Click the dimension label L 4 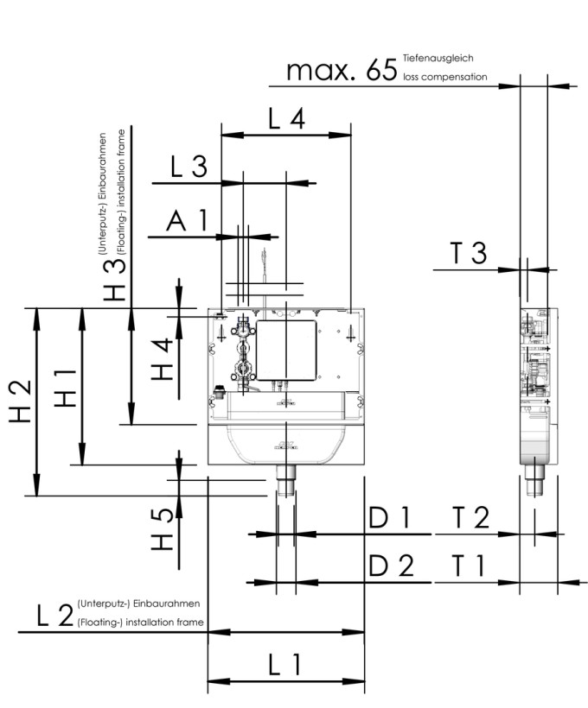(x=286, y=120)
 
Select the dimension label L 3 (x=188, y=168)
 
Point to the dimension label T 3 (x=468, y=253)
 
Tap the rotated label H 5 (x=163, y=528)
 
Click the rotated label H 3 (x=115, y=278)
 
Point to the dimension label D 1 (x=389, y=518)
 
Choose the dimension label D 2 (x=391, y=566)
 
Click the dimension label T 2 (x=471, y=518)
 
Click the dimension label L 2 (x=54, y=616)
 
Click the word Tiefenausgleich (x=438, y=58)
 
